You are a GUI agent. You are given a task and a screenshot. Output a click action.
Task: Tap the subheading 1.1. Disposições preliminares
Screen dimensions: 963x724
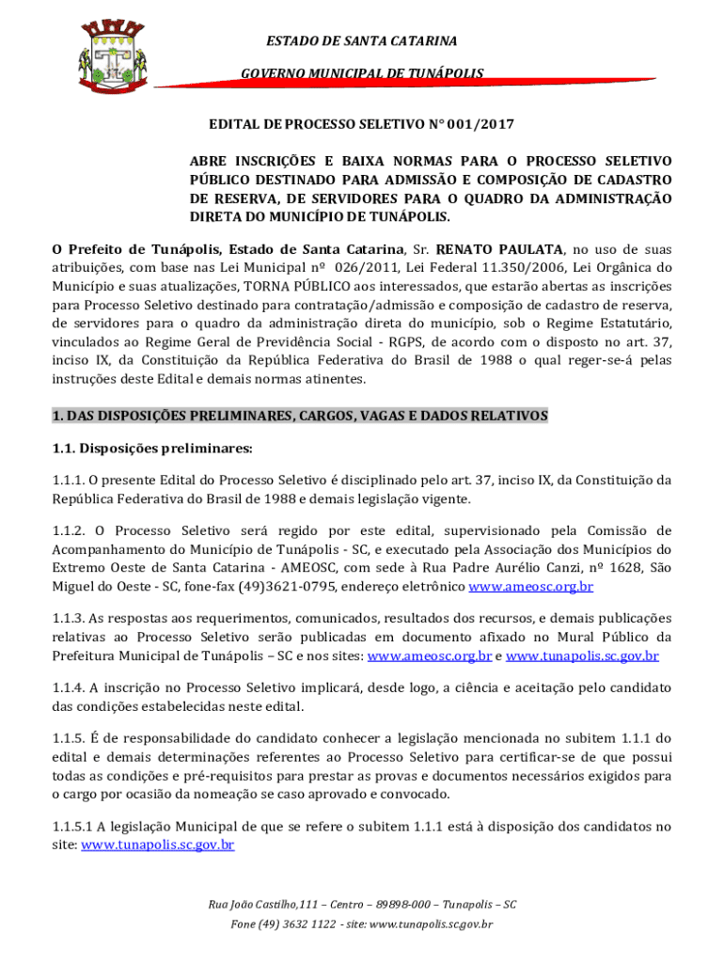click(x=152, y=448)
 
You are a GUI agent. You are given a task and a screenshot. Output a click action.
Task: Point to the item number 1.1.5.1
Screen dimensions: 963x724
click(x=78, y=828)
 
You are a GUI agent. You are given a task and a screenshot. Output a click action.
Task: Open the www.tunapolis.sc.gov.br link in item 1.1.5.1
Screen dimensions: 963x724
click(x=158, y=845)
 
